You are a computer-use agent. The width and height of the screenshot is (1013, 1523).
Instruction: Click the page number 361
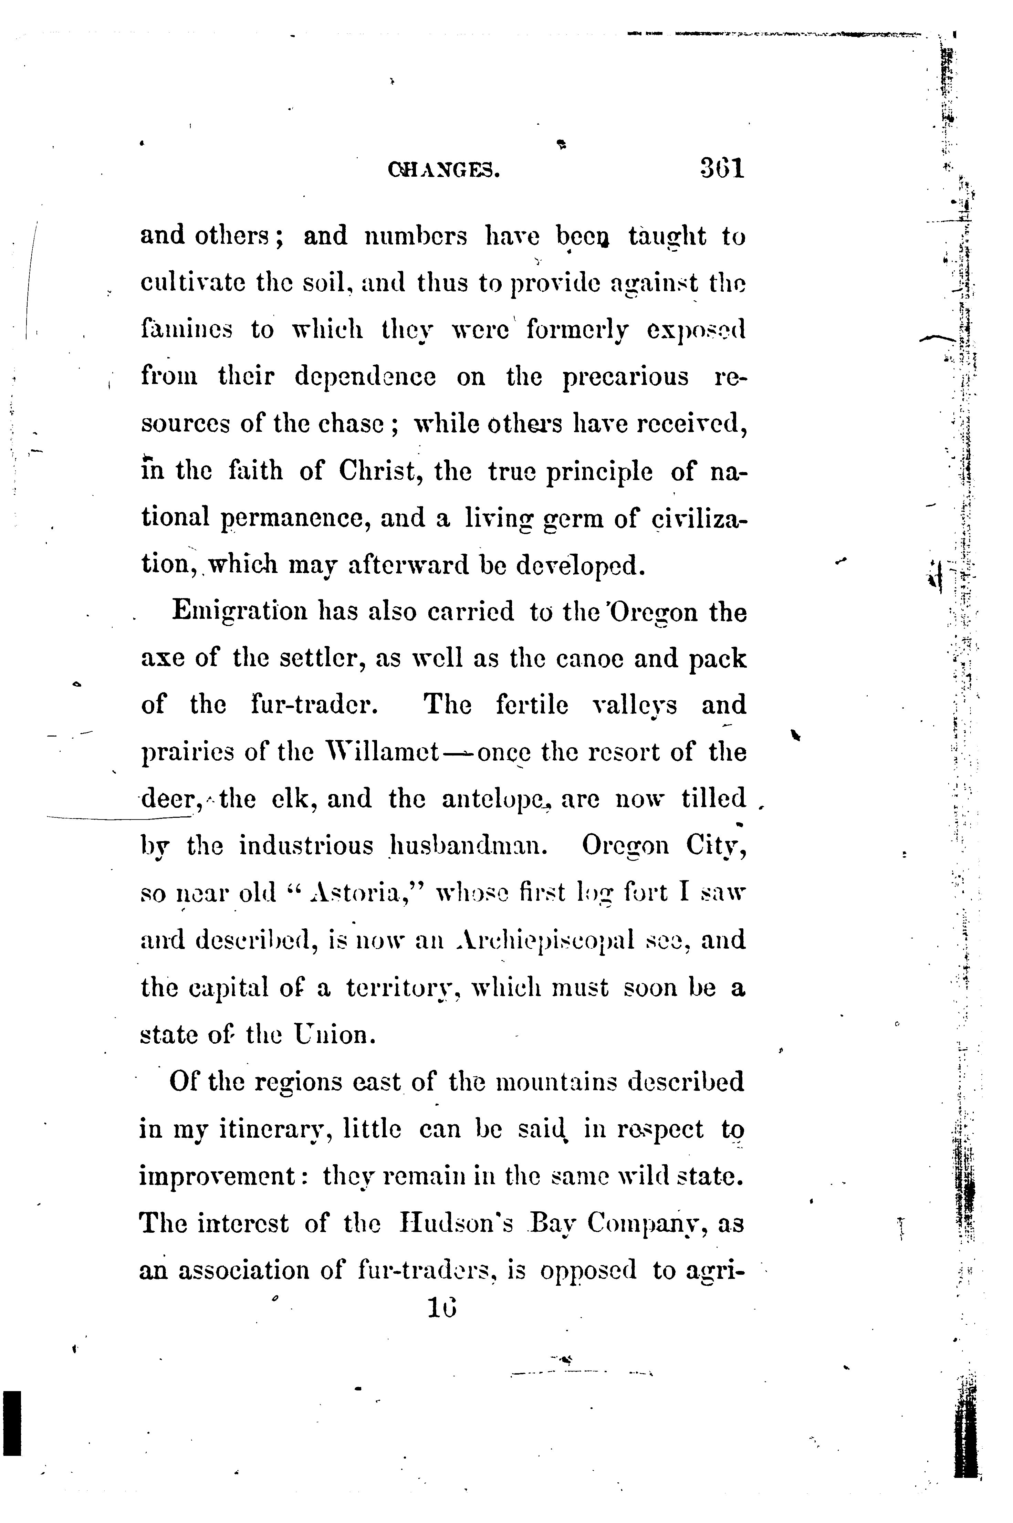(722, 169)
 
